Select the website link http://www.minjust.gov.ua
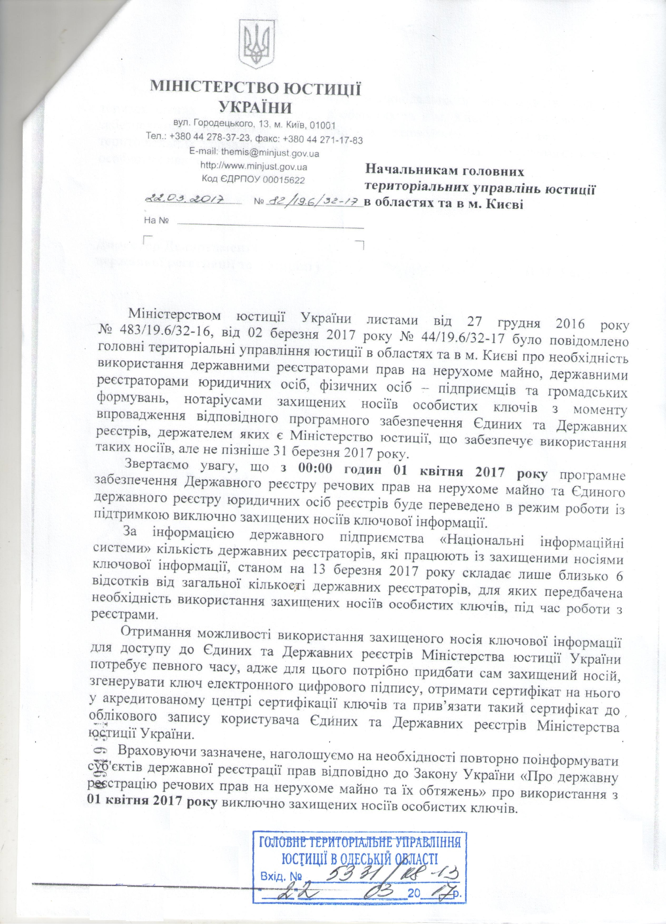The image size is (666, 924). (254, 167)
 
